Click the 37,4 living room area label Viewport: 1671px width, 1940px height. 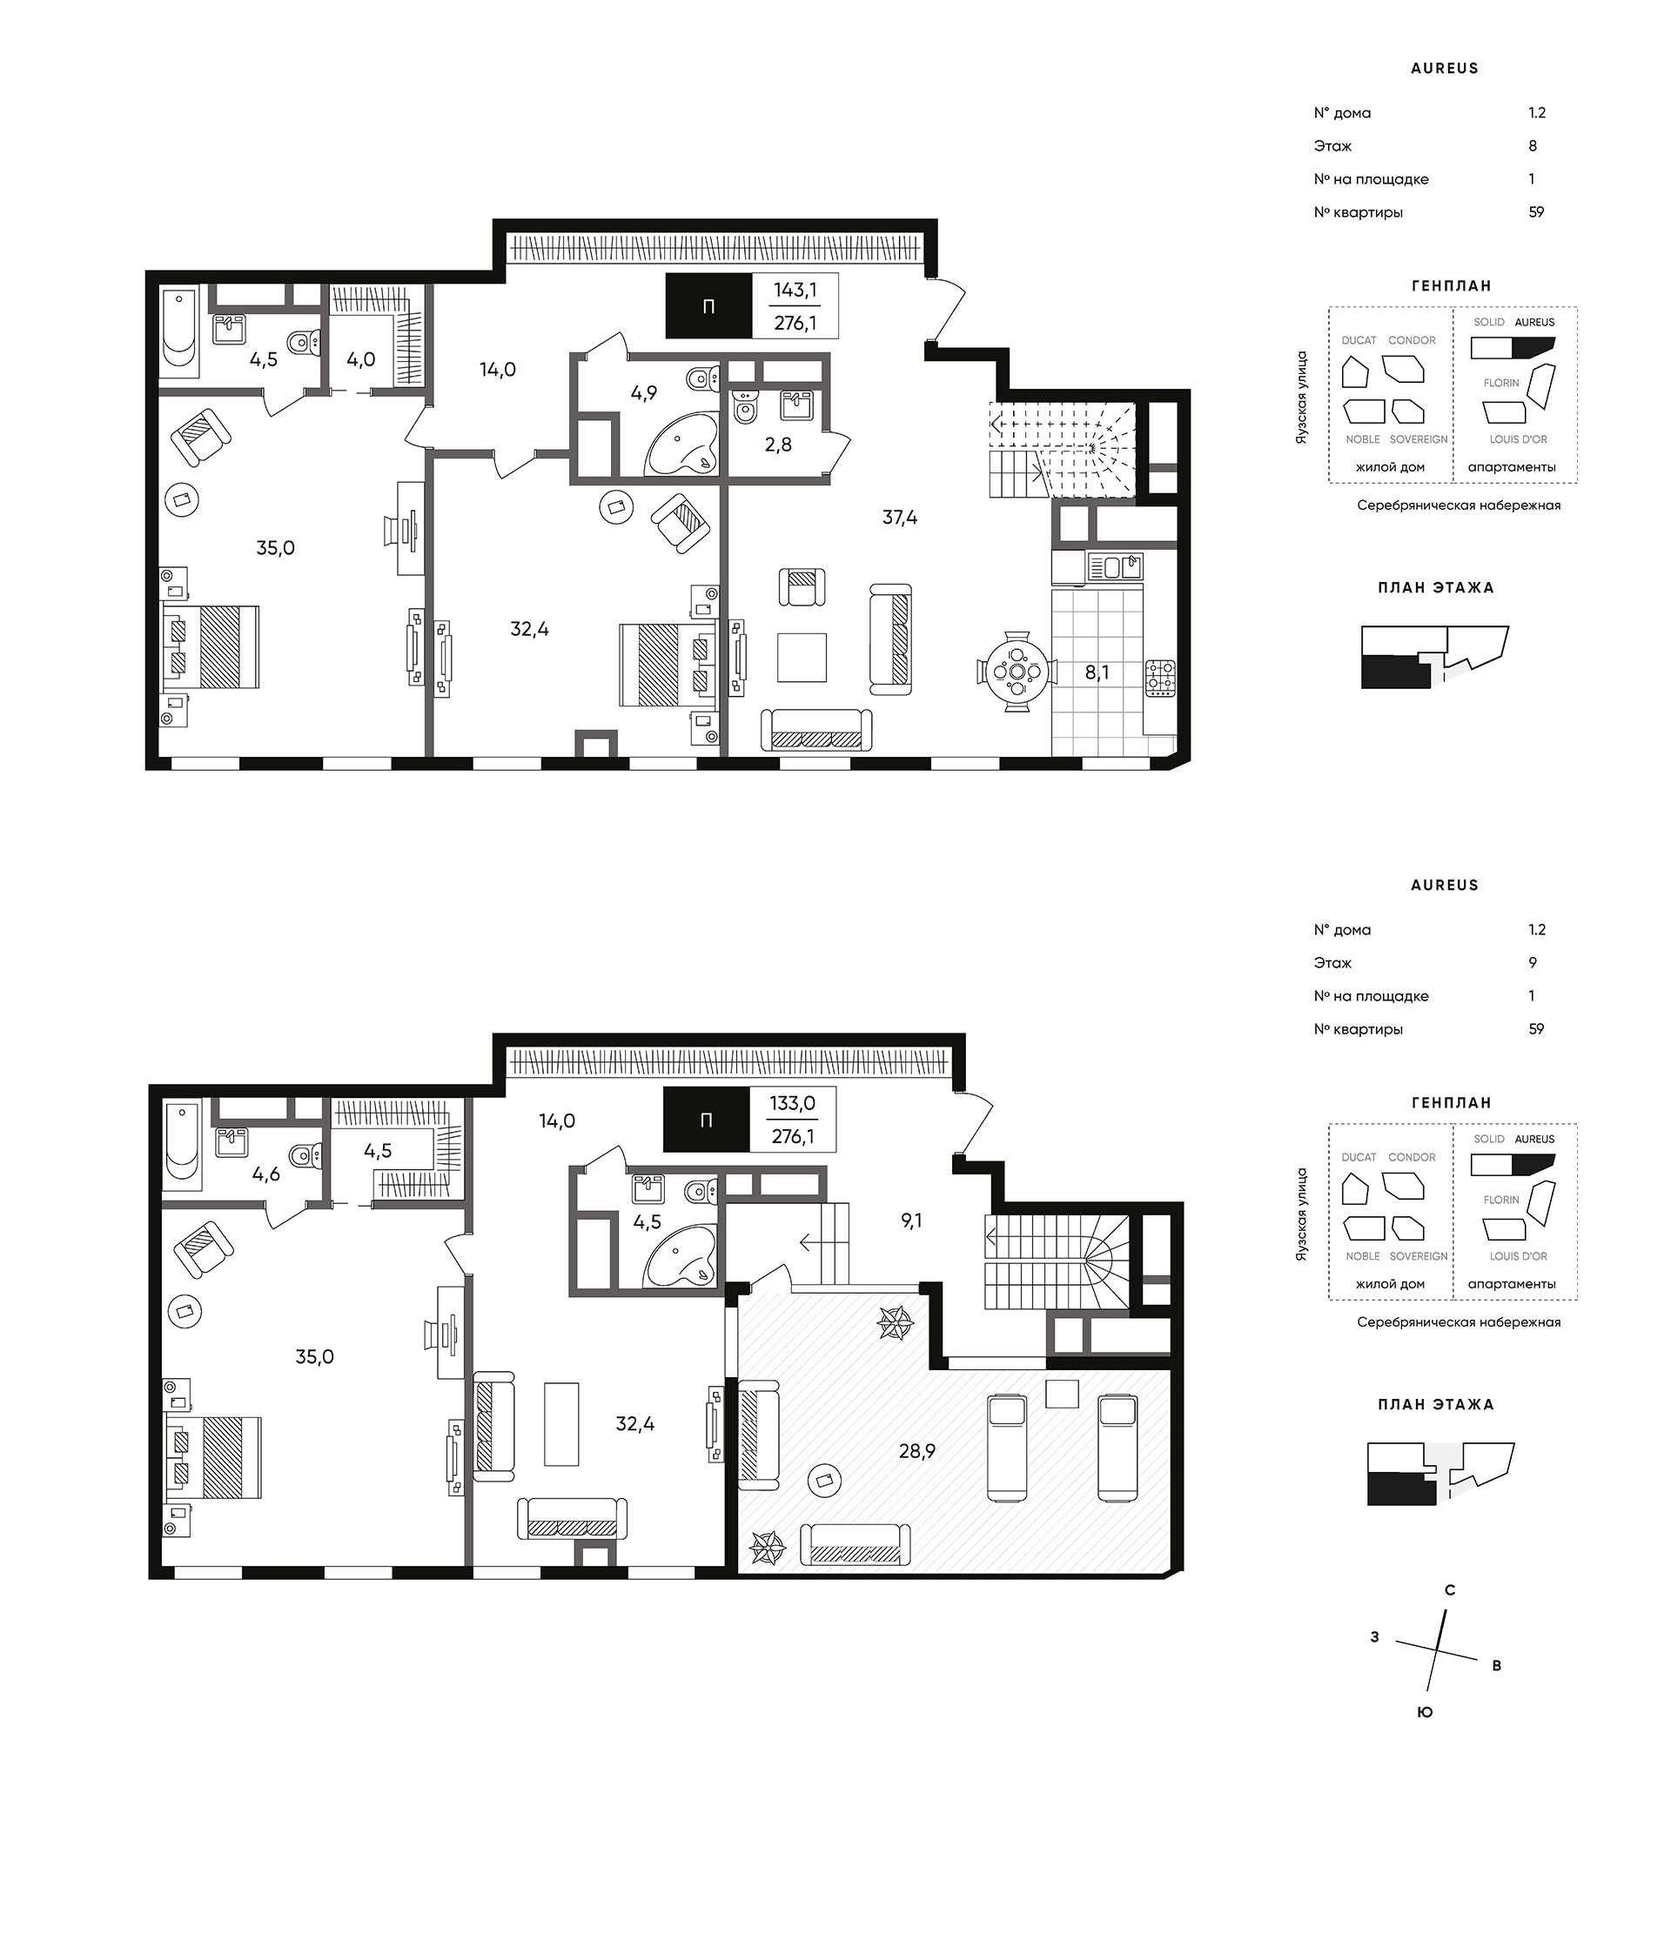click(899, 517)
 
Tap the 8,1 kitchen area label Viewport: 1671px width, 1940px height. click(1096, 672)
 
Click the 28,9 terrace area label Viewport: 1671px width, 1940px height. click(917, 1451)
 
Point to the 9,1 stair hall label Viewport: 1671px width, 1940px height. click(911, 1220)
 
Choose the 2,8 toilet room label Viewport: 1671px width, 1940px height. click(777, 445)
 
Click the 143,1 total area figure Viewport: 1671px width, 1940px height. click(795, 291)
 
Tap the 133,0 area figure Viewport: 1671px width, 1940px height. click(792, 1103)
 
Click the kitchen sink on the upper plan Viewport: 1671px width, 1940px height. click(1116, 566)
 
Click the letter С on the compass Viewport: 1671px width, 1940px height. click(1449, 1589)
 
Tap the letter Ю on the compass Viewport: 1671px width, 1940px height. click(1425, 1711)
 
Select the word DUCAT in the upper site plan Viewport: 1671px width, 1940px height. click(1359, 340)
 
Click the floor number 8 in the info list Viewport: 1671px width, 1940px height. click(1533, 146)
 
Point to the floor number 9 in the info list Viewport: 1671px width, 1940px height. click(1533, 962)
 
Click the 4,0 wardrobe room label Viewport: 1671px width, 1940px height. click(360, 359)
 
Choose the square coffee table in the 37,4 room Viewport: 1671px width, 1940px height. click(802, 658)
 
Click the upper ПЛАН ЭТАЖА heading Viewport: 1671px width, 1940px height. click(1436, 588)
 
